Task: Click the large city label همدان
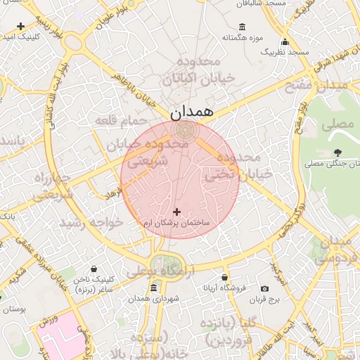point(191,111)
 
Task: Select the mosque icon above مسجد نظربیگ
point(285,41)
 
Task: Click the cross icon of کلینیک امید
point(21,26)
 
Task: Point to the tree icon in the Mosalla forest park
point(338,152)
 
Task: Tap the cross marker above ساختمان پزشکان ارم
point(176,211)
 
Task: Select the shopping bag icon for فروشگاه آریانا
point(224,278)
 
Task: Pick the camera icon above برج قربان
point(264,288)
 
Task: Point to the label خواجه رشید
point(91,222)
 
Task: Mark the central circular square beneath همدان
point(186,131)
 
